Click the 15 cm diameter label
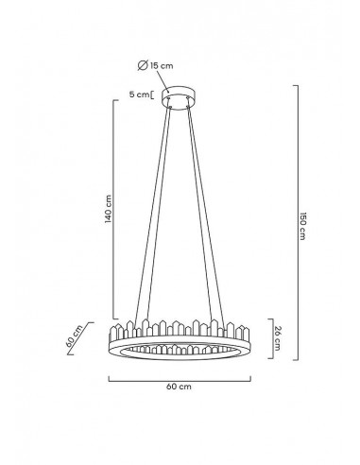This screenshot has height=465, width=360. pos(162,66)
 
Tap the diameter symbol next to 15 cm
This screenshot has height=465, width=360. pos(143,65)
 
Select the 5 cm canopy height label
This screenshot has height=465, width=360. pos(139,95)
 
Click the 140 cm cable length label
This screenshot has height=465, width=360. pos(108,209)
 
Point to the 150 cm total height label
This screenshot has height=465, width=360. pos(302,226)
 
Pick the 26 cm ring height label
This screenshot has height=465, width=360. pos(277,338)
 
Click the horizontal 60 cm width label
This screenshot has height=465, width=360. pos(179,387)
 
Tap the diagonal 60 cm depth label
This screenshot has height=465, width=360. pos(74,336)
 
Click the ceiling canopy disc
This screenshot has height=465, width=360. pos(180,98)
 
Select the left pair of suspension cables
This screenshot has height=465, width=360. pos(152,215)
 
